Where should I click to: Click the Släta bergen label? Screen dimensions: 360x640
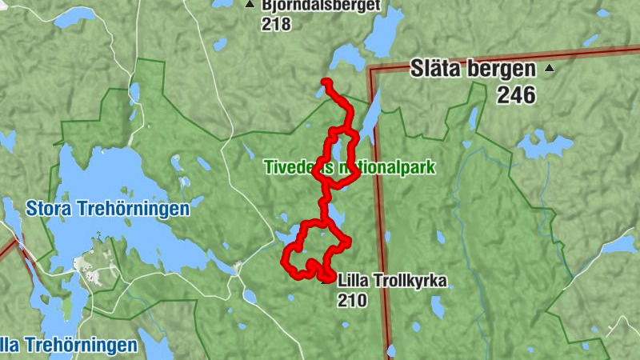(x=471, y=68)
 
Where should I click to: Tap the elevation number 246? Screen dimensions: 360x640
(x=515, y=95)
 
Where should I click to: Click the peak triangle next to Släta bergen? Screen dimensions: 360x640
(x=549, y=69)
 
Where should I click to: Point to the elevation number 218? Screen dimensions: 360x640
(x=276, y=24)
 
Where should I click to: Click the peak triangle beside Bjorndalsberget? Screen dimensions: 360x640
(x=250, y=5)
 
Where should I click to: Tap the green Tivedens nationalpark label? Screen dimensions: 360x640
(x=349, y=168)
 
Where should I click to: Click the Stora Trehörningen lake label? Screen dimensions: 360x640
(x=107, y=210)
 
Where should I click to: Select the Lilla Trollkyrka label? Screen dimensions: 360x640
(x=392, y=281)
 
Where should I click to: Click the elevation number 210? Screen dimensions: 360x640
(x=352, y=301)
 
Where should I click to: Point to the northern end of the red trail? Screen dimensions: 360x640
(x=325, y=81)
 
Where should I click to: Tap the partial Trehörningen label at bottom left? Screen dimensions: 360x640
(x=68, y=346)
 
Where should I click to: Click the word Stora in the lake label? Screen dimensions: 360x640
(x=50, y=210)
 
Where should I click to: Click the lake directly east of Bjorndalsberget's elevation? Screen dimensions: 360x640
(x=385, y=32)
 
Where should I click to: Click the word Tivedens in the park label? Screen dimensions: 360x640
(x=296, y=168)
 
